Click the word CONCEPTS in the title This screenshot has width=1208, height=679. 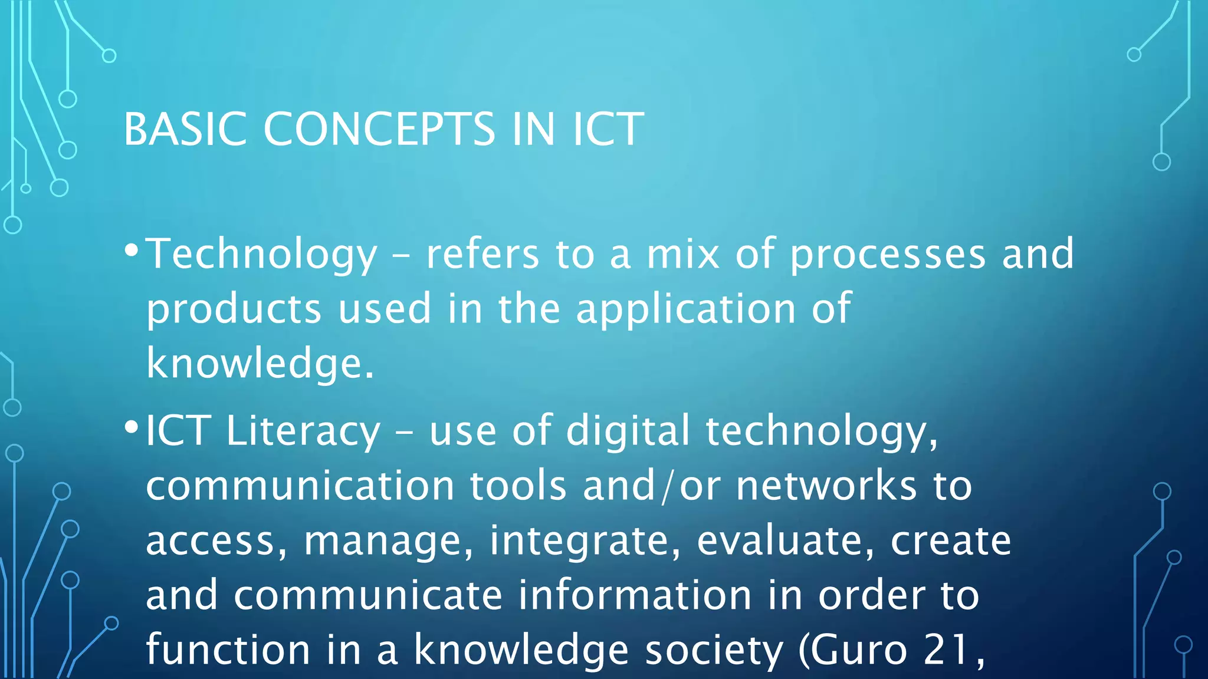[379, 129]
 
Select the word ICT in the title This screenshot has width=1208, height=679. [608, 129]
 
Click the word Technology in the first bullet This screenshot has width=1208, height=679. [261, 255]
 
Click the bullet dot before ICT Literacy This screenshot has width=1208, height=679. [132, 427]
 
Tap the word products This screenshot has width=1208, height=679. [234, 309]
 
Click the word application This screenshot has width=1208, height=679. [685, 309]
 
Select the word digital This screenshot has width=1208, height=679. [628, 431]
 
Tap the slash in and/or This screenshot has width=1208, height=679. [667, 486]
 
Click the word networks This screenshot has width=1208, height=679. [826, 486]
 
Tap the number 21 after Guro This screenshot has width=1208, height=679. [946, 650]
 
